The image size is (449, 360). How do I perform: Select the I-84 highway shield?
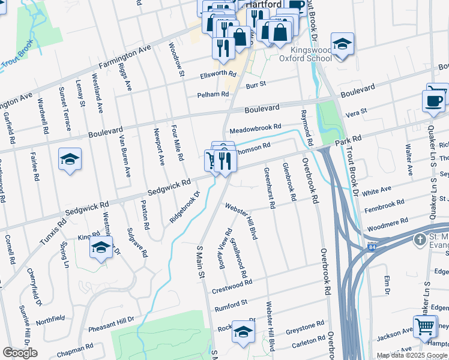373,247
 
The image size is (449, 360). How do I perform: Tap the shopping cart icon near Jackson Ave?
425,327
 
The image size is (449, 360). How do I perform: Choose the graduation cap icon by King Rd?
101,247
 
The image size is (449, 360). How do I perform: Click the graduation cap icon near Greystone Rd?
243,331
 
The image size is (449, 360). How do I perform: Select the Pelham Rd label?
214,95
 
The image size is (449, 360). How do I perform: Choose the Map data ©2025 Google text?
412,355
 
